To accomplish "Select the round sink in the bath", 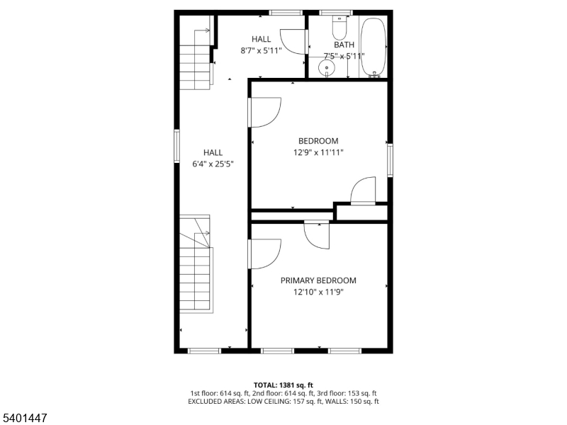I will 326,68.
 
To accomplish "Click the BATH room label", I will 344,45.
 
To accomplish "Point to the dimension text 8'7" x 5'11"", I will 260,50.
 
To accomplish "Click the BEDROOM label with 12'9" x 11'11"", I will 318,141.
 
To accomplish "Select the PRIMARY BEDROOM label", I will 318,280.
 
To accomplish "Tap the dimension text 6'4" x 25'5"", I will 213,164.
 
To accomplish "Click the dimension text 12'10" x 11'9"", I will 318,292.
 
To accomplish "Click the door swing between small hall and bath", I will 293,41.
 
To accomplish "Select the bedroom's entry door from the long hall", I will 264,112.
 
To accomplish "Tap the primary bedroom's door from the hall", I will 264,254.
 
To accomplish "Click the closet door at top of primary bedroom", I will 318,234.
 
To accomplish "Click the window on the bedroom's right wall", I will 389,160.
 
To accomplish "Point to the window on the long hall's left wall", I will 176,146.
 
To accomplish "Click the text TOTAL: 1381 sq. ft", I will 283,385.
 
